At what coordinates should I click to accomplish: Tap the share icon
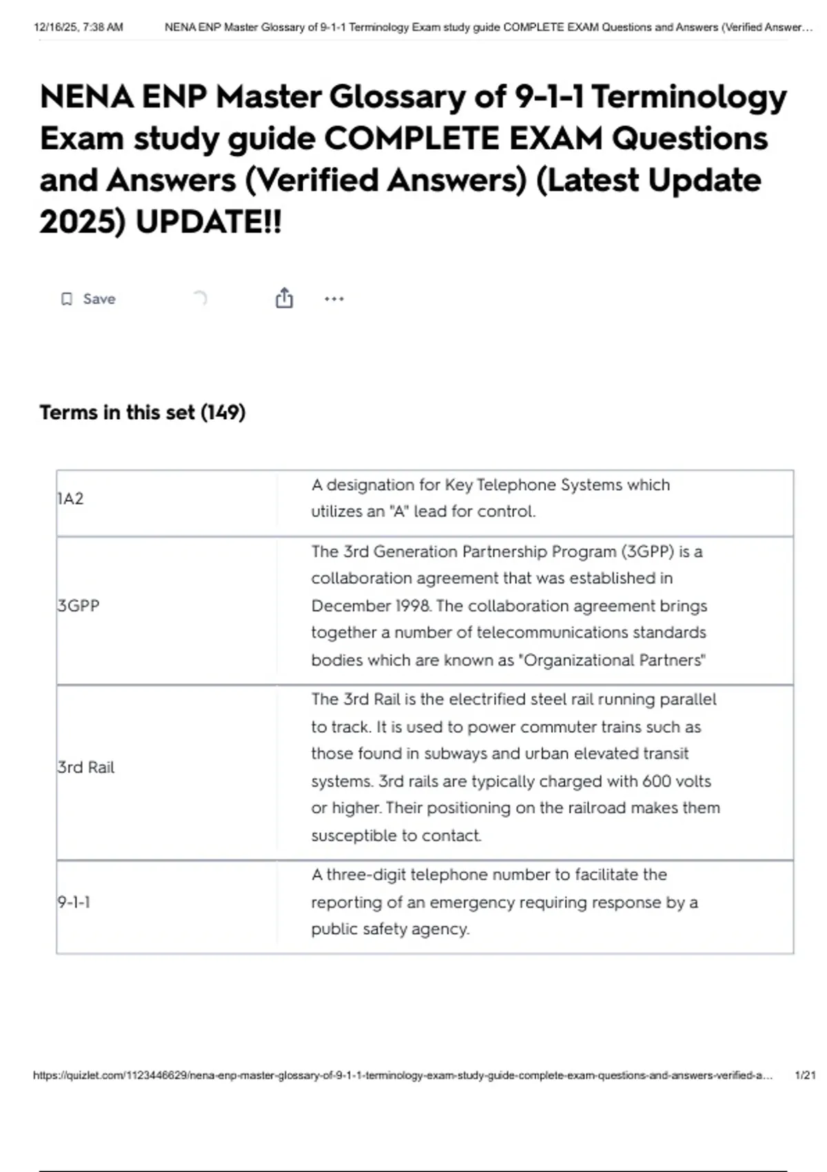tap(284, 299)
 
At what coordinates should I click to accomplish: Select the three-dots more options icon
tap(334, 299)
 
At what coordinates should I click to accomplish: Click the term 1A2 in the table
tap(70, 498)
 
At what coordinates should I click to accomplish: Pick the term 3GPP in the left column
tap(79, 606)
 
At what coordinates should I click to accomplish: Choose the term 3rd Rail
tap(86, 767)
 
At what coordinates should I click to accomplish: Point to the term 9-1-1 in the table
tap(74, 902)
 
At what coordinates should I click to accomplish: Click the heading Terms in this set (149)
tap(143, 412)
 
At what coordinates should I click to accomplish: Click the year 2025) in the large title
tap(83, 222)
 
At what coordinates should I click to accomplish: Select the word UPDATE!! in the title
tap(209, 222)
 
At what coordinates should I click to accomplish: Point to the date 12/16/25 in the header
tap(55, 28)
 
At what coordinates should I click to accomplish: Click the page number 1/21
tap(804, 1075)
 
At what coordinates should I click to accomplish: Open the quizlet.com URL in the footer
tap(402, 1075)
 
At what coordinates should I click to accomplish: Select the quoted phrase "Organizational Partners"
tap(614, 660)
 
